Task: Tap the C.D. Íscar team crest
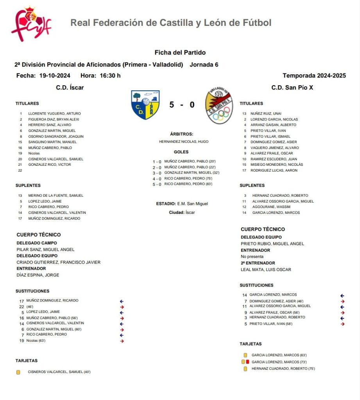coord(145,105)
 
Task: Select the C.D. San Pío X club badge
coord(219,106)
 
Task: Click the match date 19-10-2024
coord(55,75)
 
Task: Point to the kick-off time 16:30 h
coord(110,75)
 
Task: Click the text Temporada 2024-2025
coord(314,75)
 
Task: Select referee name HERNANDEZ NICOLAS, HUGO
coord(184,142)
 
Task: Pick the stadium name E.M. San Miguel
coord(192,204)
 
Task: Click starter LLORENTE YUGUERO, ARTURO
coord(54,114)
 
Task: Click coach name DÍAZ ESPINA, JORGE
coord(38,275)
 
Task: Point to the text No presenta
coord(252,257)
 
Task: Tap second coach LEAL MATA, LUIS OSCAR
coord(266,269)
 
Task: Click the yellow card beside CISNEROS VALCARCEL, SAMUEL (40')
coord(18,372)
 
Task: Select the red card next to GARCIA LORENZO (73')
coord(247,362)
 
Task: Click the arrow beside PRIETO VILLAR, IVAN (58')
coord(342,324)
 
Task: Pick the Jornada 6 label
coord(204,65)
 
